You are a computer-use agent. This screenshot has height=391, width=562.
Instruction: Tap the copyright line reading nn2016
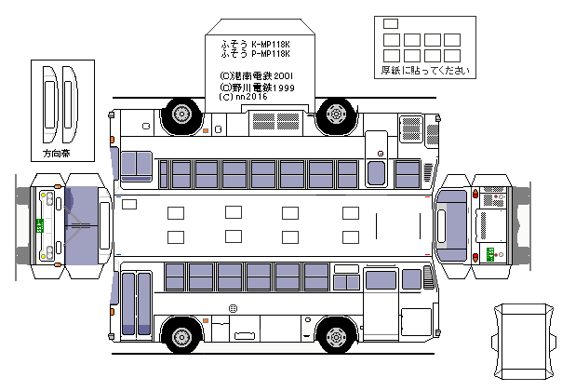click(x=243, y=95)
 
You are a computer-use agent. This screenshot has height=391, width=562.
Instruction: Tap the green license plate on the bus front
click(x=39, y=225)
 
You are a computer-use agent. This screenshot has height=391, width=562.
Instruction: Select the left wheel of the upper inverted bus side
click(x=181, y=115)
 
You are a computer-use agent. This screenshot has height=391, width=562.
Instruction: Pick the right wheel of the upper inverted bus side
click(x=334, y=115)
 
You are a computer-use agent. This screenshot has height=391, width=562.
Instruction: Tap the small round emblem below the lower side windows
click(x=233, y=307)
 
